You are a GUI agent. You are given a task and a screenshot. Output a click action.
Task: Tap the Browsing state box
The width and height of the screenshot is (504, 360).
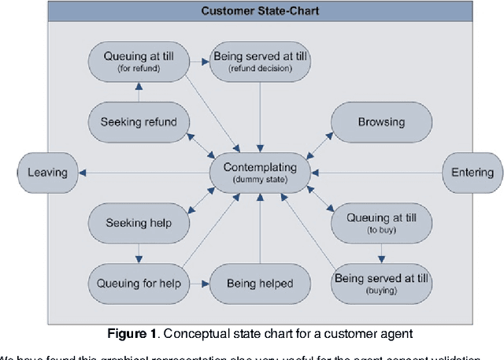[x=381, y=123]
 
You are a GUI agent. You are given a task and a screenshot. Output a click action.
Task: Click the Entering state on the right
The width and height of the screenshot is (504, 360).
[x=472, y=173]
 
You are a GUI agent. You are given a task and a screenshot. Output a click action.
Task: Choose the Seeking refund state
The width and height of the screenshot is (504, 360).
[x=139, y=123]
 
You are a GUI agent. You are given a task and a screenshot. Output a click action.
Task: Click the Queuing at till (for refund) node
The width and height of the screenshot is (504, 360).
[x=139, y=61]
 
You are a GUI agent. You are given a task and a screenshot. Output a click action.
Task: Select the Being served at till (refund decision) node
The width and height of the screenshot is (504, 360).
[x=260, y=61]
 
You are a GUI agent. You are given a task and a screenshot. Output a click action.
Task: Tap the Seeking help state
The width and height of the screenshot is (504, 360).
[x=139, y=223]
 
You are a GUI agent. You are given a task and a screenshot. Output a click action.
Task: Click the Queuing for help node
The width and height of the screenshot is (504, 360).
[x=139, y=284]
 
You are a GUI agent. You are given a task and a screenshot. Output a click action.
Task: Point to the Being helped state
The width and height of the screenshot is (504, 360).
[x=260, y=284]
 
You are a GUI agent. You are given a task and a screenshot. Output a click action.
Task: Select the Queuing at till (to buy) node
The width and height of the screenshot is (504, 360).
[x=381, y=223]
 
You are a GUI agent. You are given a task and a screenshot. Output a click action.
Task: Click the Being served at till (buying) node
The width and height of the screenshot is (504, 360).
[x=381, y=284]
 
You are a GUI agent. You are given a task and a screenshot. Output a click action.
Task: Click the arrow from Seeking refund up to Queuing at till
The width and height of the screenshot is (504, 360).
[x=139, y=92]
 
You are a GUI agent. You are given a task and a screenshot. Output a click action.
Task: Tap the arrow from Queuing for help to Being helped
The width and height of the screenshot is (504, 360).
[x=199, y=284]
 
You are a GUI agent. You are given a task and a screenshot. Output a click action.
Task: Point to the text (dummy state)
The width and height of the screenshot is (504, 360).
[x=260, y=180]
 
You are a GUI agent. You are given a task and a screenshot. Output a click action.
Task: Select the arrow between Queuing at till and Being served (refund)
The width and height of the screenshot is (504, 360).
[x=199, y=61]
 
